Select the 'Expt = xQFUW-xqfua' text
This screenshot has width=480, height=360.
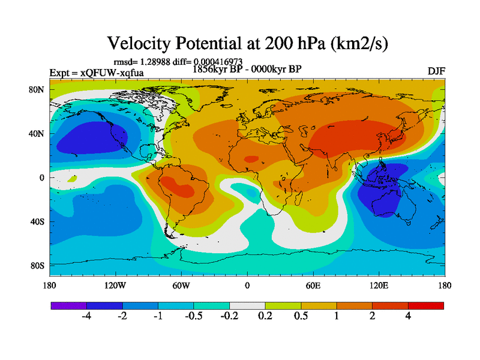(96, 73)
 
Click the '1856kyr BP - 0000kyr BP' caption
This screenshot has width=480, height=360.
(247, 69)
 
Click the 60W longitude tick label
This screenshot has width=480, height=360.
(181, 285)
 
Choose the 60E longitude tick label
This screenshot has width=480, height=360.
(313, 285)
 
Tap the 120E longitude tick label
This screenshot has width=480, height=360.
(379, 285)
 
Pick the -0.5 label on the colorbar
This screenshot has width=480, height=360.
(193, 316)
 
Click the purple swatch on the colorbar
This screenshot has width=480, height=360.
(68, 305)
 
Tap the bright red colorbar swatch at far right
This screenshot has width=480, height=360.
(426, 305)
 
